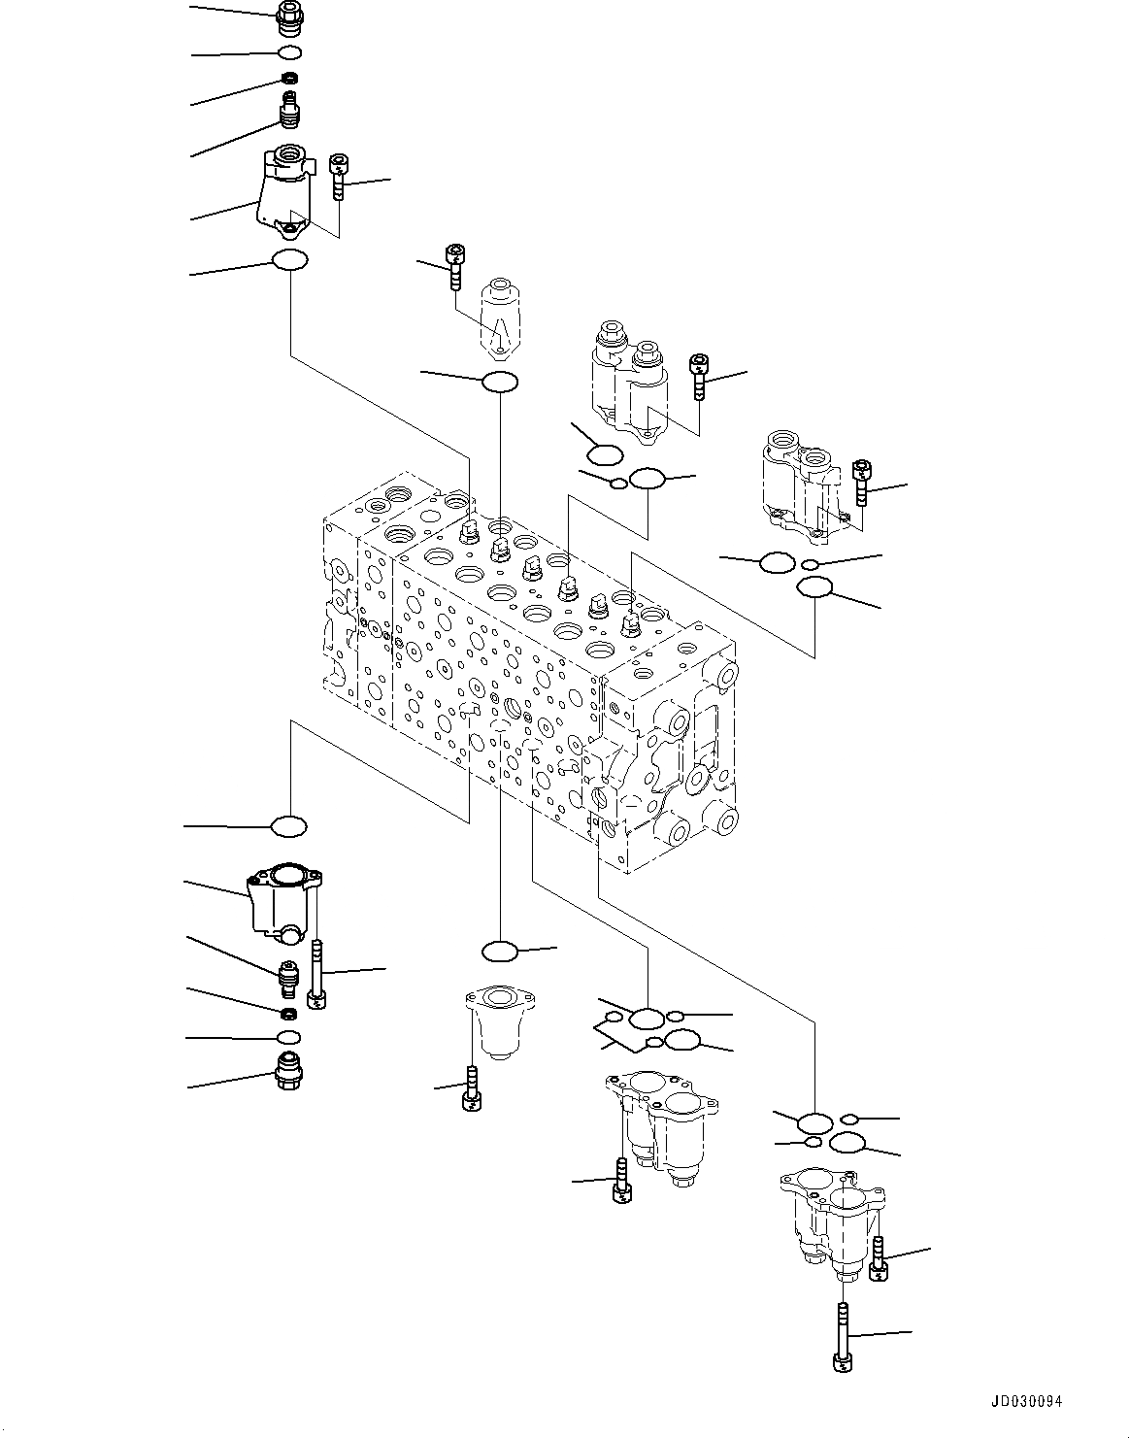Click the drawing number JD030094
click(x=1027, y=1401)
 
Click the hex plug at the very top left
click(x=289, y=16)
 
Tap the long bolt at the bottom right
click(x=842, y=1338)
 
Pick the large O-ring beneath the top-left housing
click(x=289, y=260)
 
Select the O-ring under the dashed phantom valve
click(x=499, y=382)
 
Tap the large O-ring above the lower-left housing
click(x=288, y=826)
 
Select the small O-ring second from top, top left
click(x=289, y=52)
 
